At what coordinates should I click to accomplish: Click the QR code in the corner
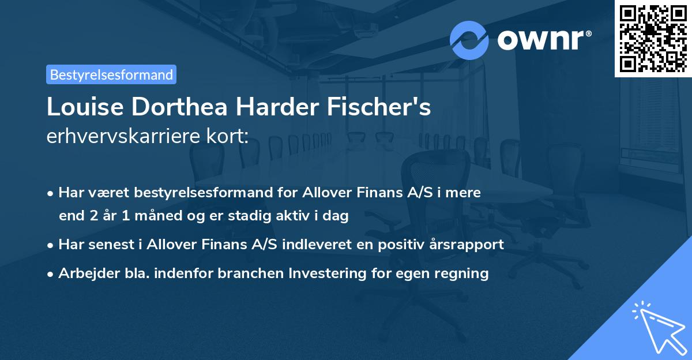(653, 38)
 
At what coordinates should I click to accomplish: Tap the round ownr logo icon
(469, 40)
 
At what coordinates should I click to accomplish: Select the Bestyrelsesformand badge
(111, 74)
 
